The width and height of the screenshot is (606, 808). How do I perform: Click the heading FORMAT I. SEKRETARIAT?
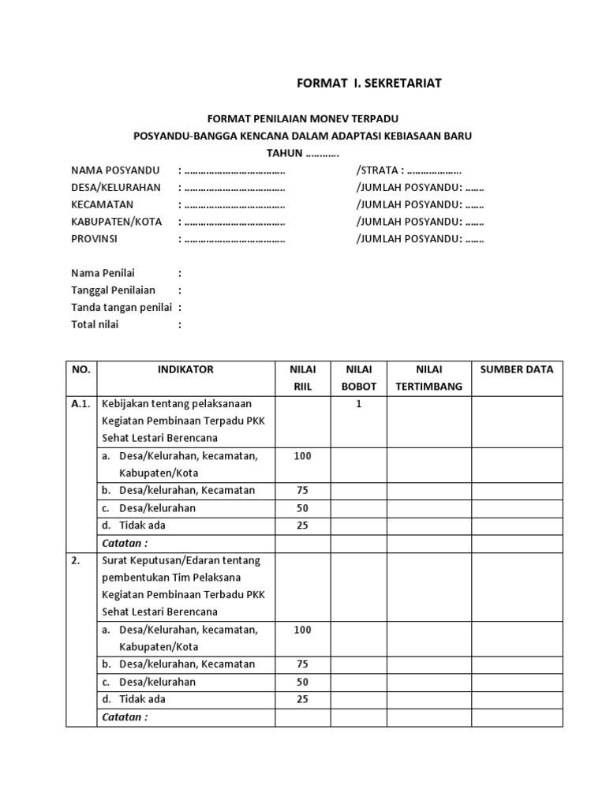click(368, 84)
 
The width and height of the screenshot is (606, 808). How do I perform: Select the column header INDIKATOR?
click(185, 369)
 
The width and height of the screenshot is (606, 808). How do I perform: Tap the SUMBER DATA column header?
click(517, 369)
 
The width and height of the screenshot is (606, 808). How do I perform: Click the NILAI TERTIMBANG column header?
click(428, 378)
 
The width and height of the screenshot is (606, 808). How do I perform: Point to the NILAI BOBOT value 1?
click(358, 404)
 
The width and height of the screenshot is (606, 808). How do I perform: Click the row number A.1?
click(81, 404)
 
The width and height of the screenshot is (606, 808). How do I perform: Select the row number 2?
click(76, 560)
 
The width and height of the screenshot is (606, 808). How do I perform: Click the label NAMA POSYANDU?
click(115, 170)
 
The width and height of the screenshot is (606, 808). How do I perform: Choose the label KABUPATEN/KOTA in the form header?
click(117, 222)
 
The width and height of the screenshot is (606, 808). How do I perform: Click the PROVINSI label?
click(94, 239)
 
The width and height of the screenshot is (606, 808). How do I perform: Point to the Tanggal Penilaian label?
click(113, 290)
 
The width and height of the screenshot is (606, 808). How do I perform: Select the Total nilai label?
click(95, 324)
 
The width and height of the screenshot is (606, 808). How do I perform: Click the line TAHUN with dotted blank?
click(302, 153)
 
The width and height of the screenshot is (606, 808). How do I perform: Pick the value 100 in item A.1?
click(302, 456)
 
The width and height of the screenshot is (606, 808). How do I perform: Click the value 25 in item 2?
click(302, 699)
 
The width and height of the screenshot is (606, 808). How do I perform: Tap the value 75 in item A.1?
click(302, 491)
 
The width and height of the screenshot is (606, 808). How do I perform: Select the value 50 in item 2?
click(302, 682)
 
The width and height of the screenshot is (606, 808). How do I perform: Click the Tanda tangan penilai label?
click(122, 308)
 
